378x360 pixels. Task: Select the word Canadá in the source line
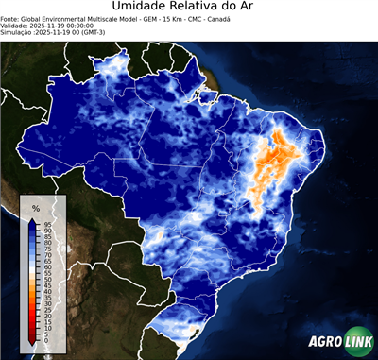(x=216, y=18)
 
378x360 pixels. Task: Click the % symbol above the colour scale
(x=36, y=208)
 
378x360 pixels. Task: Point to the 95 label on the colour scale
(x=46, y=224)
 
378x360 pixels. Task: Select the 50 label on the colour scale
(x=46, y=280)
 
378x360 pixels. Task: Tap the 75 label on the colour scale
(x=46, y=249)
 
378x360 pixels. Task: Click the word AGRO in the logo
(x=325, y=342)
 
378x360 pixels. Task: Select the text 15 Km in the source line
(x=160, y=18)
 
